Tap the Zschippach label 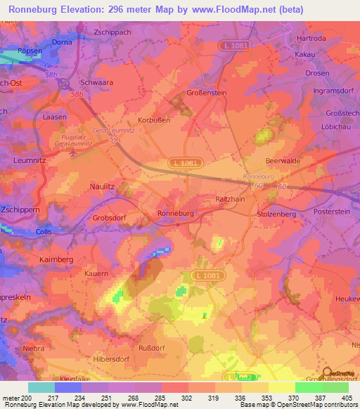(112, 32)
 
